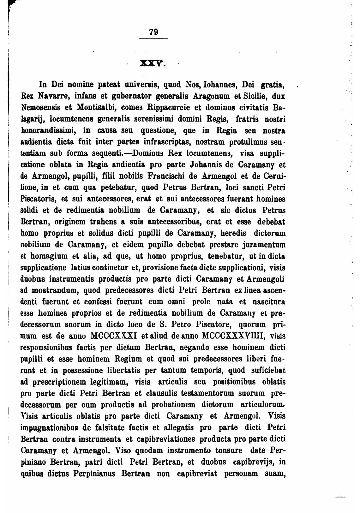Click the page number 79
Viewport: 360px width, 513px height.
click(x=153, y=32)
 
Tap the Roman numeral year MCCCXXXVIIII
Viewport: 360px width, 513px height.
click(x=233, y=336)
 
